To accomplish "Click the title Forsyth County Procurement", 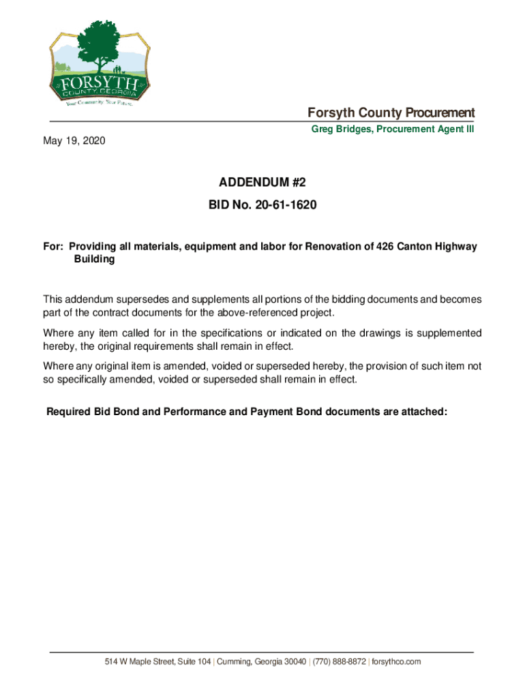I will click(391, 112).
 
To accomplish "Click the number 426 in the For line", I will click(385, 246).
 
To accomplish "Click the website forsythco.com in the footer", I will click(396, 662).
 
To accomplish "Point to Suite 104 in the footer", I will click(194, 662).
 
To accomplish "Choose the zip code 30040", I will click(292, 662).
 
